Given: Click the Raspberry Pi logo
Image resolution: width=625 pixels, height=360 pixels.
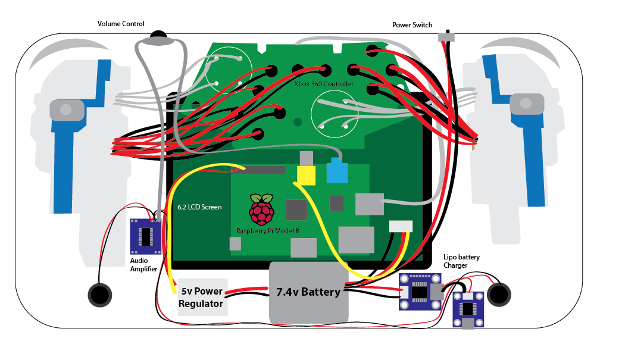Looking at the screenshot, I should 262,209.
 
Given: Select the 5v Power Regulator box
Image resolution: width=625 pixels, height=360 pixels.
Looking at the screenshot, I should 202,297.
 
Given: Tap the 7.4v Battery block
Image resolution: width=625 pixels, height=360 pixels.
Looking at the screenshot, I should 308,292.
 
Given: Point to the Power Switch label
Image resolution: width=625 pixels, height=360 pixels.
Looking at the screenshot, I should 412,25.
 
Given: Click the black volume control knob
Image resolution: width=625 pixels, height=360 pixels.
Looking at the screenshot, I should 158,37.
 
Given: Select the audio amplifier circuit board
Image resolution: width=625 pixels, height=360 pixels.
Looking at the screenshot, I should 146,235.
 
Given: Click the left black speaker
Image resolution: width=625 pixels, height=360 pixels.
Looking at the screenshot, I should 100,294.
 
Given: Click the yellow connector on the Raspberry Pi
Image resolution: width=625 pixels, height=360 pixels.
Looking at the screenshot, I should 305,175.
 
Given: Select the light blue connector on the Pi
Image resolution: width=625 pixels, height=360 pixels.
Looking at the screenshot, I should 337,172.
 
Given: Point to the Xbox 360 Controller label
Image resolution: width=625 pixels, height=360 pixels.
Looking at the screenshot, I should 324,84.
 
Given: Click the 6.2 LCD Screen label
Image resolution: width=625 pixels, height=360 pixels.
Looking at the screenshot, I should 199,208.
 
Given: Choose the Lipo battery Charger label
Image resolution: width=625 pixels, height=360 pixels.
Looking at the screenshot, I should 461,261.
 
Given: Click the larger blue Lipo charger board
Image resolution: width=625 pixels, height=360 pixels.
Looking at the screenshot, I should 420,292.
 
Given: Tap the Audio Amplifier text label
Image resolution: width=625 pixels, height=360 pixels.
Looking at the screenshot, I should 143,265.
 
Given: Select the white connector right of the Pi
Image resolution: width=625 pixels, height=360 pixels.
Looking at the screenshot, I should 401,226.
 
